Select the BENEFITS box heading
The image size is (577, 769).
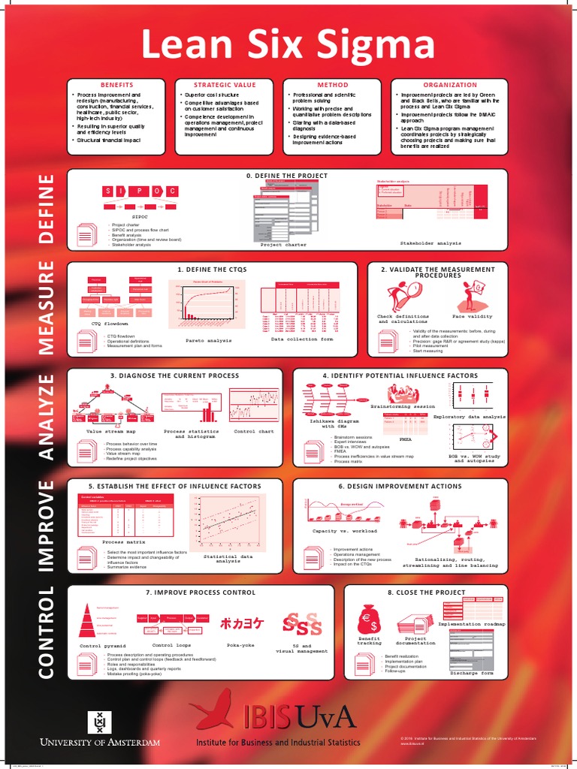point(117,85)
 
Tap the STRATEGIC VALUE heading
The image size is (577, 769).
point(225,85)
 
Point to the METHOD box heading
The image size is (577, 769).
point(333,85)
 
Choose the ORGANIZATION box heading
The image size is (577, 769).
point(450,85)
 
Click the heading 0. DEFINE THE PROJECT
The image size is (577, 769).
point(287,176)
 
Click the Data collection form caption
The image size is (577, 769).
point(301,339)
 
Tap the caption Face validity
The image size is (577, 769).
point(473,317)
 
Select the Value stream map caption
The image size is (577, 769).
point(110,432)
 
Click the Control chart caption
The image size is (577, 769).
point(255,432)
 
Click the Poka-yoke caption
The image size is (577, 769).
point(240,645)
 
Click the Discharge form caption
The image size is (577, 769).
point(472,673)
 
